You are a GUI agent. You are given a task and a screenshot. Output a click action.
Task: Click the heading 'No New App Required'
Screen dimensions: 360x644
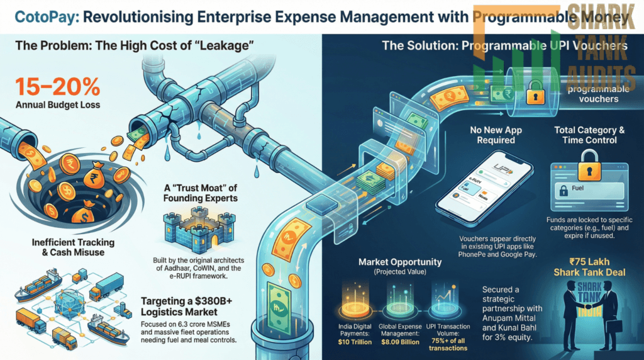(496, 135)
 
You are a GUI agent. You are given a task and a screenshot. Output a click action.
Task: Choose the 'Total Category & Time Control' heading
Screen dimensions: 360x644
(589, 135)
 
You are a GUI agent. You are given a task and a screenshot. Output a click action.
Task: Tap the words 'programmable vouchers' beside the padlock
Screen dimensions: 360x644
(597, 94)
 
